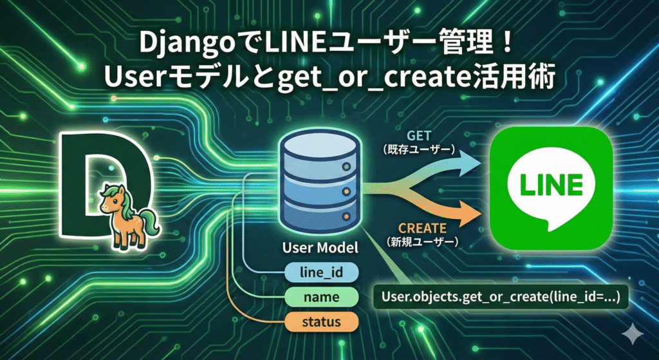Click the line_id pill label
(x=320, y=273)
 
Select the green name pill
(x=320, y=297)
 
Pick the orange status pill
(x=320, y=321)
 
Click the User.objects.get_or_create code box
(x=501, y=297)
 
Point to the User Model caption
(x=319, y=247)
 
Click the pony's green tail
(x=147, y=222)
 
